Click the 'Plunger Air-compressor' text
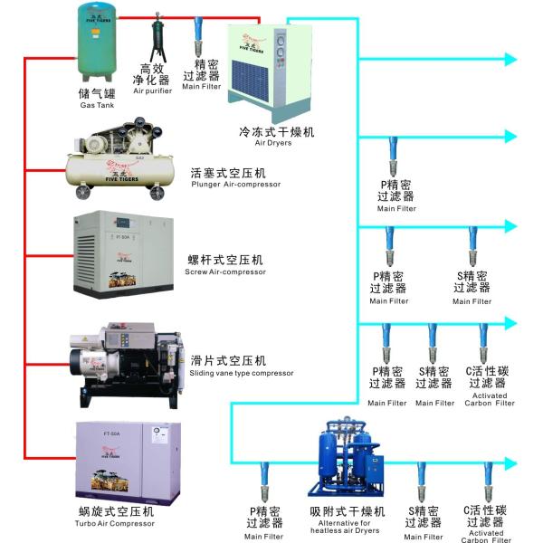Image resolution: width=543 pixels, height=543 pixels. point(236,185)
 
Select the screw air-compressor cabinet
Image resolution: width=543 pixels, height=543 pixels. point(120,252)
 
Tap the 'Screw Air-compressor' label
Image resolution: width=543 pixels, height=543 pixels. point(224,271)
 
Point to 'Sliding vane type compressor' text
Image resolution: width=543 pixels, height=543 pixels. point(242,373)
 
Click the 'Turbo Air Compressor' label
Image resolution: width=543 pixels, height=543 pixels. point(115,524)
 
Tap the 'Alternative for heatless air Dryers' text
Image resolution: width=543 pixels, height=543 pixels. point(348,527)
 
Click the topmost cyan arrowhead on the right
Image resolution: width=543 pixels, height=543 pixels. point(510,60)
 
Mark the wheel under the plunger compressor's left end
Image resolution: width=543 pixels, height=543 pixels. point(82,194)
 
